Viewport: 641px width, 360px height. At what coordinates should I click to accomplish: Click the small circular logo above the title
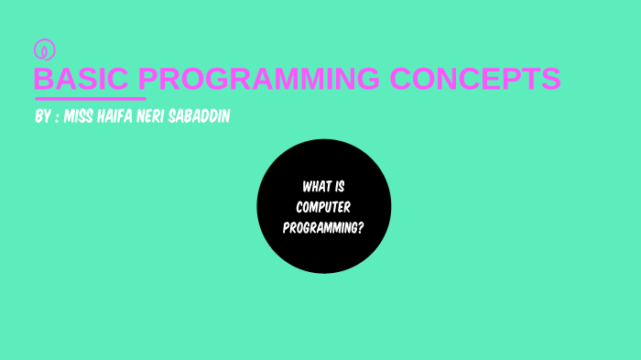click(42, 49)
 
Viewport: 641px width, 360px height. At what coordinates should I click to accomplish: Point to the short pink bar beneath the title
click(90, 98)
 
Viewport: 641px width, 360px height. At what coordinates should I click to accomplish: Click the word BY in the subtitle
click(41, 119)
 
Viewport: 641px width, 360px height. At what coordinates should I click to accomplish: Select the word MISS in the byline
click(80, 119)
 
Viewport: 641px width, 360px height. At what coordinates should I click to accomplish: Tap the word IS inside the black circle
click(341, 186)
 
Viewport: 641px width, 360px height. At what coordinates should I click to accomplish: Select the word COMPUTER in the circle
click(323, 207)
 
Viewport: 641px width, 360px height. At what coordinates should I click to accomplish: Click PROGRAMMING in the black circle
click(320, 228)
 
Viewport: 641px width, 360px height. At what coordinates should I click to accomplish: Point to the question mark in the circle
click(361, 228)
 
